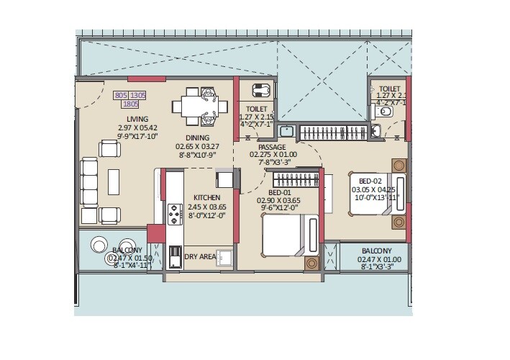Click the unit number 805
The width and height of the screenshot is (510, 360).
[x=122, y=94]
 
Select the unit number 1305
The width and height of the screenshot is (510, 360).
[x=137, y=94]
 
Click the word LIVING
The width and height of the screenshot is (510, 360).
[x=137, y=120]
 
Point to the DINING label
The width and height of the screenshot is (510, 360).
[x=197, y=138]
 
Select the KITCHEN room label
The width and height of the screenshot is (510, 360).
[x=206, y=197]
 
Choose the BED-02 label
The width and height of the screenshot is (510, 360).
[x=371, y=181]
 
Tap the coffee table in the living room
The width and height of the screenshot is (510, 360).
[x=114, y=179]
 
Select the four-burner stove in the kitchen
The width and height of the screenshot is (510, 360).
[x=174, y=215]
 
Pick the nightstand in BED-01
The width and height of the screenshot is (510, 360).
[x=312, y=263]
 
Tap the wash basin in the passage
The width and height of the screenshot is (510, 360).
[x=287, y=131]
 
